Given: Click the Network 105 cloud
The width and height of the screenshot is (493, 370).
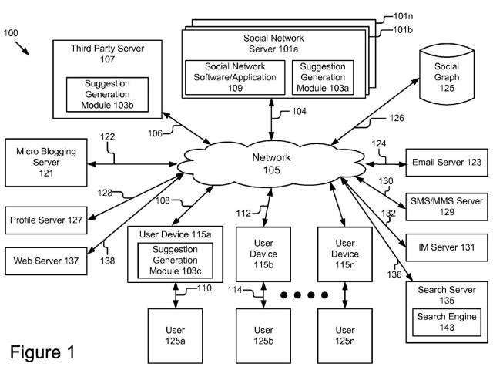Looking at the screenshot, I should pos(271,163).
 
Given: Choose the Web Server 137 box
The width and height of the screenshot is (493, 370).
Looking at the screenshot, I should pos(46,261).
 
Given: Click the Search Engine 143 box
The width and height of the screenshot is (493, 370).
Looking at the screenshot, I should pos(447,322).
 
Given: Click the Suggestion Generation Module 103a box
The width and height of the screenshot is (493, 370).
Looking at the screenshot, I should pos(323,77).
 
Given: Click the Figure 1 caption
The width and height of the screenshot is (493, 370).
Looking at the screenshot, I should pos(43,353).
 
